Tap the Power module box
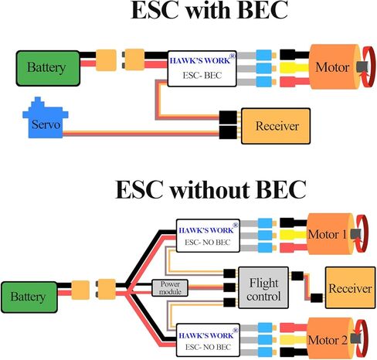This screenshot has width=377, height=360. (170, 288)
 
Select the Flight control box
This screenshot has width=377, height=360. (263, 287)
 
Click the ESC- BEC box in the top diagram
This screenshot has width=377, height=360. (202, 69)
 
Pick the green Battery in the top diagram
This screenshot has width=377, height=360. (48, 68)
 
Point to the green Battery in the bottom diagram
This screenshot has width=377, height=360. (29, 297)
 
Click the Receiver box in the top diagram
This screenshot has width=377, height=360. (276, 126)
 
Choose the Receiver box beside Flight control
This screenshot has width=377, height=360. (350, 287)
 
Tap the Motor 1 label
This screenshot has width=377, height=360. (327, 234)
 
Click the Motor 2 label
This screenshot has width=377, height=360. (328, 340)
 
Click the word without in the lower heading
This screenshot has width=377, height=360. (210, 190)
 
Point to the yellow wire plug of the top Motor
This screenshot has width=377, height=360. (294, 68)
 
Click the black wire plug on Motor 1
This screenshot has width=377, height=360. (293, 222)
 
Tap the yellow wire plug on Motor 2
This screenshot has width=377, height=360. (294, 340)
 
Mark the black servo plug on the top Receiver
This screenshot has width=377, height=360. (228, 132)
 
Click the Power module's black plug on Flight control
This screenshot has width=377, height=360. (229, 287)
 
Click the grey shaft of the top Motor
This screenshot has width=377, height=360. (362, 67)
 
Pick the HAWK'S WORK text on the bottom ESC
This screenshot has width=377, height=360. (206, 335)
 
